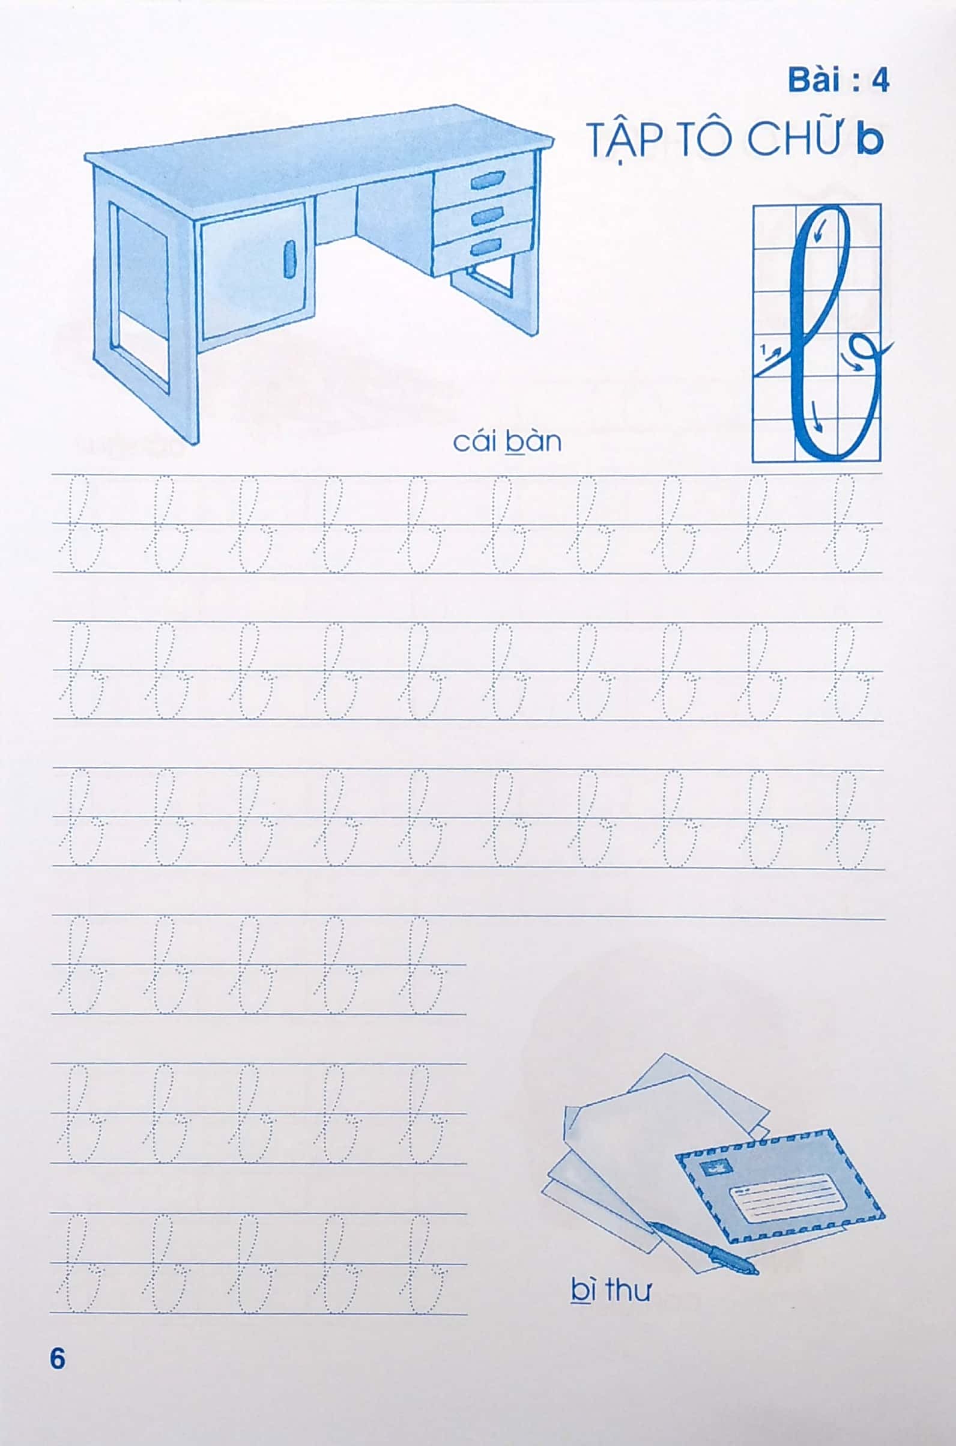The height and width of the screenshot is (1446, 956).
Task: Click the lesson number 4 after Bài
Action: [879, 81]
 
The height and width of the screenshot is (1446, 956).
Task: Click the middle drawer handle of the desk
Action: [487, 214]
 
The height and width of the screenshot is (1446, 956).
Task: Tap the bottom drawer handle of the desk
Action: [486, 246]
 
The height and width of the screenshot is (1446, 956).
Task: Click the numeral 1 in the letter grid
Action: [763, 349]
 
